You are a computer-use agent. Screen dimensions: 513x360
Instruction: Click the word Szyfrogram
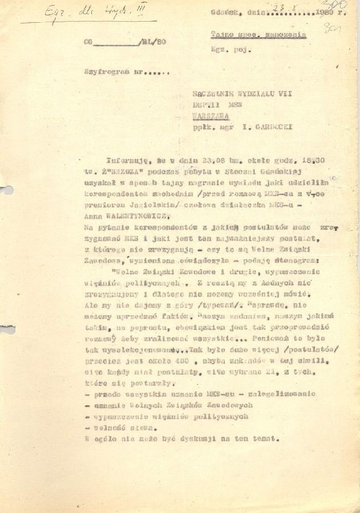pyautogui.click(x=104, y=72)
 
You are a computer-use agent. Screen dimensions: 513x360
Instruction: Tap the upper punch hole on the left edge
pyautogui.click(x=5, y=190)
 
